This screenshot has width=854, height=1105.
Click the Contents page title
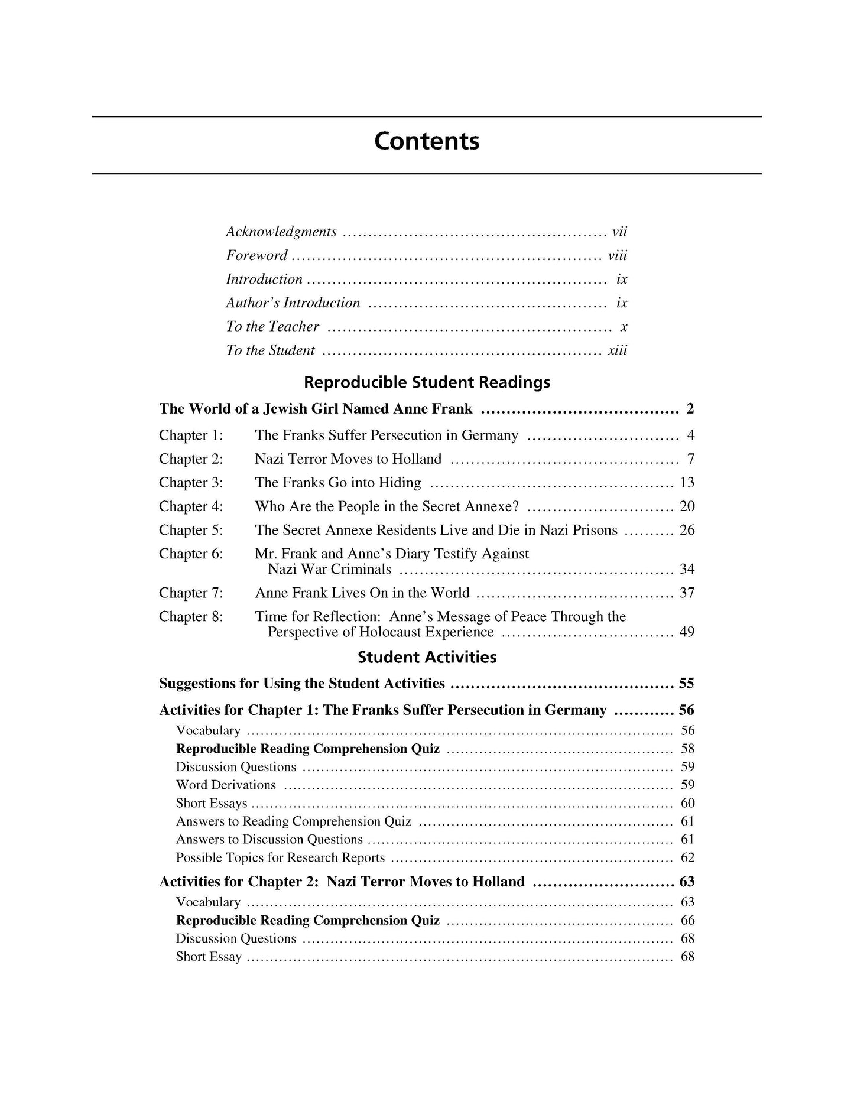coord(427,142)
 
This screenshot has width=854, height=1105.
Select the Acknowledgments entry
coord(281,232)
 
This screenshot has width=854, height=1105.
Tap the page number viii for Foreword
coord(617,256)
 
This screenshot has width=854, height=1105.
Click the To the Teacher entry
coord(272,327)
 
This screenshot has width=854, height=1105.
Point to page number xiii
coord(617,350)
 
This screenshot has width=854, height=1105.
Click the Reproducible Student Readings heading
coord(427,382)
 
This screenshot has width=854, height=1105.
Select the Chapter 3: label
coord(191,483)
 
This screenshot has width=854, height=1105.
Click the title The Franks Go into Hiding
coord(338,483)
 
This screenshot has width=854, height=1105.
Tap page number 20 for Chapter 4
coord(687,506)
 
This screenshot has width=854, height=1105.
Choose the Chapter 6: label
coord(191,554)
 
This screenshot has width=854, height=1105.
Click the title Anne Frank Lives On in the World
coord(362,593)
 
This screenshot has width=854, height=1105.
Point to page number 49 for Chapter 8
coord(687,632)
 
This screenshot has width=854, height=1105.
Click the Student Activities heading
coord(427,658)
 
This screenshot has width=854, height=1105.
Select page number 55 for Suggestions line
coord(686,684)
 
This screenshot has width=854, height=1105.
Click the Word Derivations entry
coord(226,785)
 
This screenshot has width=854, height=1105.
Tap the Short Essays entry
coord(212,804)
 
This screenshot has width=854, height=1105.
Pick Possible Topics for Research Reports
coord(280,858)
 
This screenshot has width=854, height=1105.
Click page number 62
coord(687,858)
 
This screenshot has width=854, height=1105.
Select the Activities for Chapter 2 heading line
coord(342,882)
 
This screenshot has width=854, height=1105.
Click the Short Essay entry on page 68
coord(209,957)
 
